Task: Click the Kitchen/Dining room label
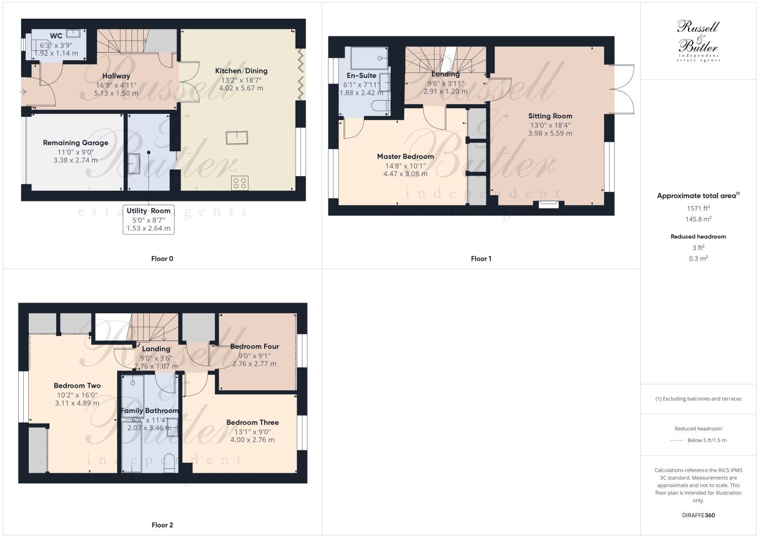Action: (x=241, y=71)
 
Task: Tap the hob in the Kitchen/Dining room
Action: (x=239, y=183)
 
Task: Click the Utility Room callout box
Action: (x=148, y=219)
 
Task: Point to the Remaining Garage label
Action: (x=75, y=143)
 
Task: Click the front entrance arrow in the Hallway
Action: (x=23, y=92)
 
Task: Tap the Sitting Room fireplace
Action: (x=549, y=204)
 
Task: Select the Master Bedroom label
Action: (x=405, y=156)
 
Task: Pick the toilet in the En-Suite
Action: (x=381, y=105)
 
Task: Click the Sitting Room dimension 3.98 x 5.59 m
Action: (x=550, y=134)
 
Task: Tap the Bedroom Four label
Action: (x=255, y=347)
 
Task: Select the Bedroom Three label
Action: (x=252, y=423)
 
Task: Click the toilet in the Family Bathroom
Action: (x=170, y=462)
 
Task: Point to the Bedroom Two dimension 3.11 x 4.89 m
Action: (x=77, y=403)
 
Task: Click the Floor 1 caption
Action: (x=481, y=259)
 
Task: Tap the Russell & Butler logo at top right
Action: (x=698, y=40)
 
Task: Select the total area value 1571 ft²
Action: (x=698, y=208)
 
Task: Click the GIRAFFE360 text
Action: (x=698, y=515)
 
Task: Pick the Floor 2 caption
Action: (x=162, y=525)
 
